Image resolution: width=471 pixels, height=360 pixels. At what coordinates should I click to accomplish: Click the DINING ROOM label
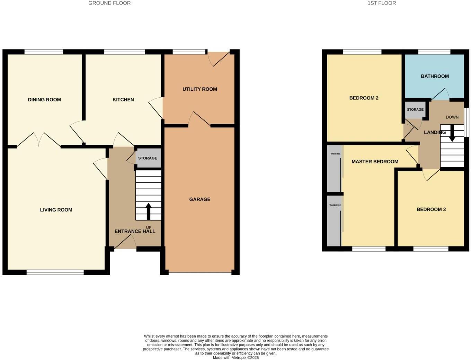[x=44, y=100]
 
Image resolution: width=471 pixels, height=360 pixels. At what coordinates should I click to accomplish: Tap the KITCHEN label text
[x=123, y=100]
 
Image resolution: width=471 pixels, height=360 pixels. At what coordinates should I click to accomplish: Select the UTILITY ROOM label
[x=199, y=89]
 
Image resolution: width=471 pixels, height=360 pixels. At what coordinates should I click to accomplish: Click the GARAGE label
[x=199, y=199]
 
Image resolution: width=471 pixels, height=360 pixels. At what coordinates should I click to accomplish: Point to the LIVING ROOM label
[x=56, y=210]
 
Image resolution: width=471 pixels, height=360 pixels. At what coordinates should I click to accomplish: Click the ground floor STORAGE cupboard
[x=148, y=158]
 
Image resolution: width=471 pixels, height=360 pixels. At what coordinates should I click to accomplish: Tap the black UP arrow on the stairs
[x=149, y=211]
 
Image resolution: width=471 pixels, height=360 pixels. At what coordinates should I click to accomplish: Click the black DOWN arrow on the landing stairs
[x=452, y=133]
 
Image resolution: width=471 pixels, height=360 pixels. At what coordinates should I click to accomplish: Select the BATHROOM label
[x=435, y=76]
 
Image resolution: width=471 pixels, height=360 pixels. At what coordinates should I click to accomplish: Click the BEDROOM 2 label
[x=364, y=98]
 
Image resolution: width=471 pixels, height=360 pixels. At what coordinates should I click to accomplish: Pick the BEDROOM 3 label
[x=431, y=209]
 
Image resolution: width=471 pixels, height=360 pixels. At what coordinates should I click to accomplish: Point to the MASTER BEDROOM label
[x=375, y=162]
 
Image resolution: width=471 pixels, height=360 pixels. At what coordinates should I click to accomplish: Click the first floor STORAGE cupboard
[x=415, y=110]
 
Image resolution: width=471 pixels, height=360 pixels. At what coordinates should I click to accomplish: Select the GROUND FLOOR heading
[x=109, y=3]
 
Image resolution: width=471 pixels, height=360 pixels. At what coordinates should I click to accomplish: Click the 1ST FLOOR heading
[x=382, y=3]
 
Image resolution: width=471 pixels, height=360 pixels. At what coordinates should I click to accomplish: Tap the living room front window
[x=55, y=272]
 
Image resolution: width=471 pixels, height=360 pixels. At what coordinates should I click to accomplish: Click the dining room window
[x=44, y=52]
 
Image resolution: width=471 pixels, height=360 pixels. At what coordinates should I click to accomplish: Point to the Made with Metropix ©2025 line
[x=235, y=358]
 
